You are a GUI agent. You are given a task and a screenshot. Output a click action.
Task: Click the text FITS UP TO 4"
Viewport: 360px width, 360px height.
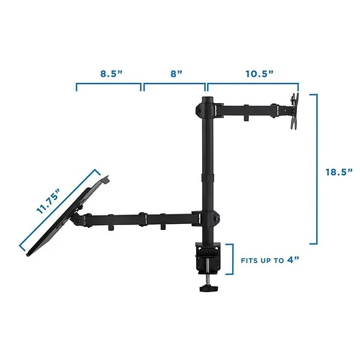pos(271,261)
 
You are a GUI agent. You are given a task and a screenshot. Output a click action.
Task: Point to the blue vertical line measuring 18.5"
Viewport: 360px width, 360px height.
pos(316,169)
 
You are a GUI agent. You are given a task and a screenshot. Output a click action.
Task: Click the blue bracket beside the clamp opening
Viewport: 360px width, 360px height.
pos(230,259)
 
